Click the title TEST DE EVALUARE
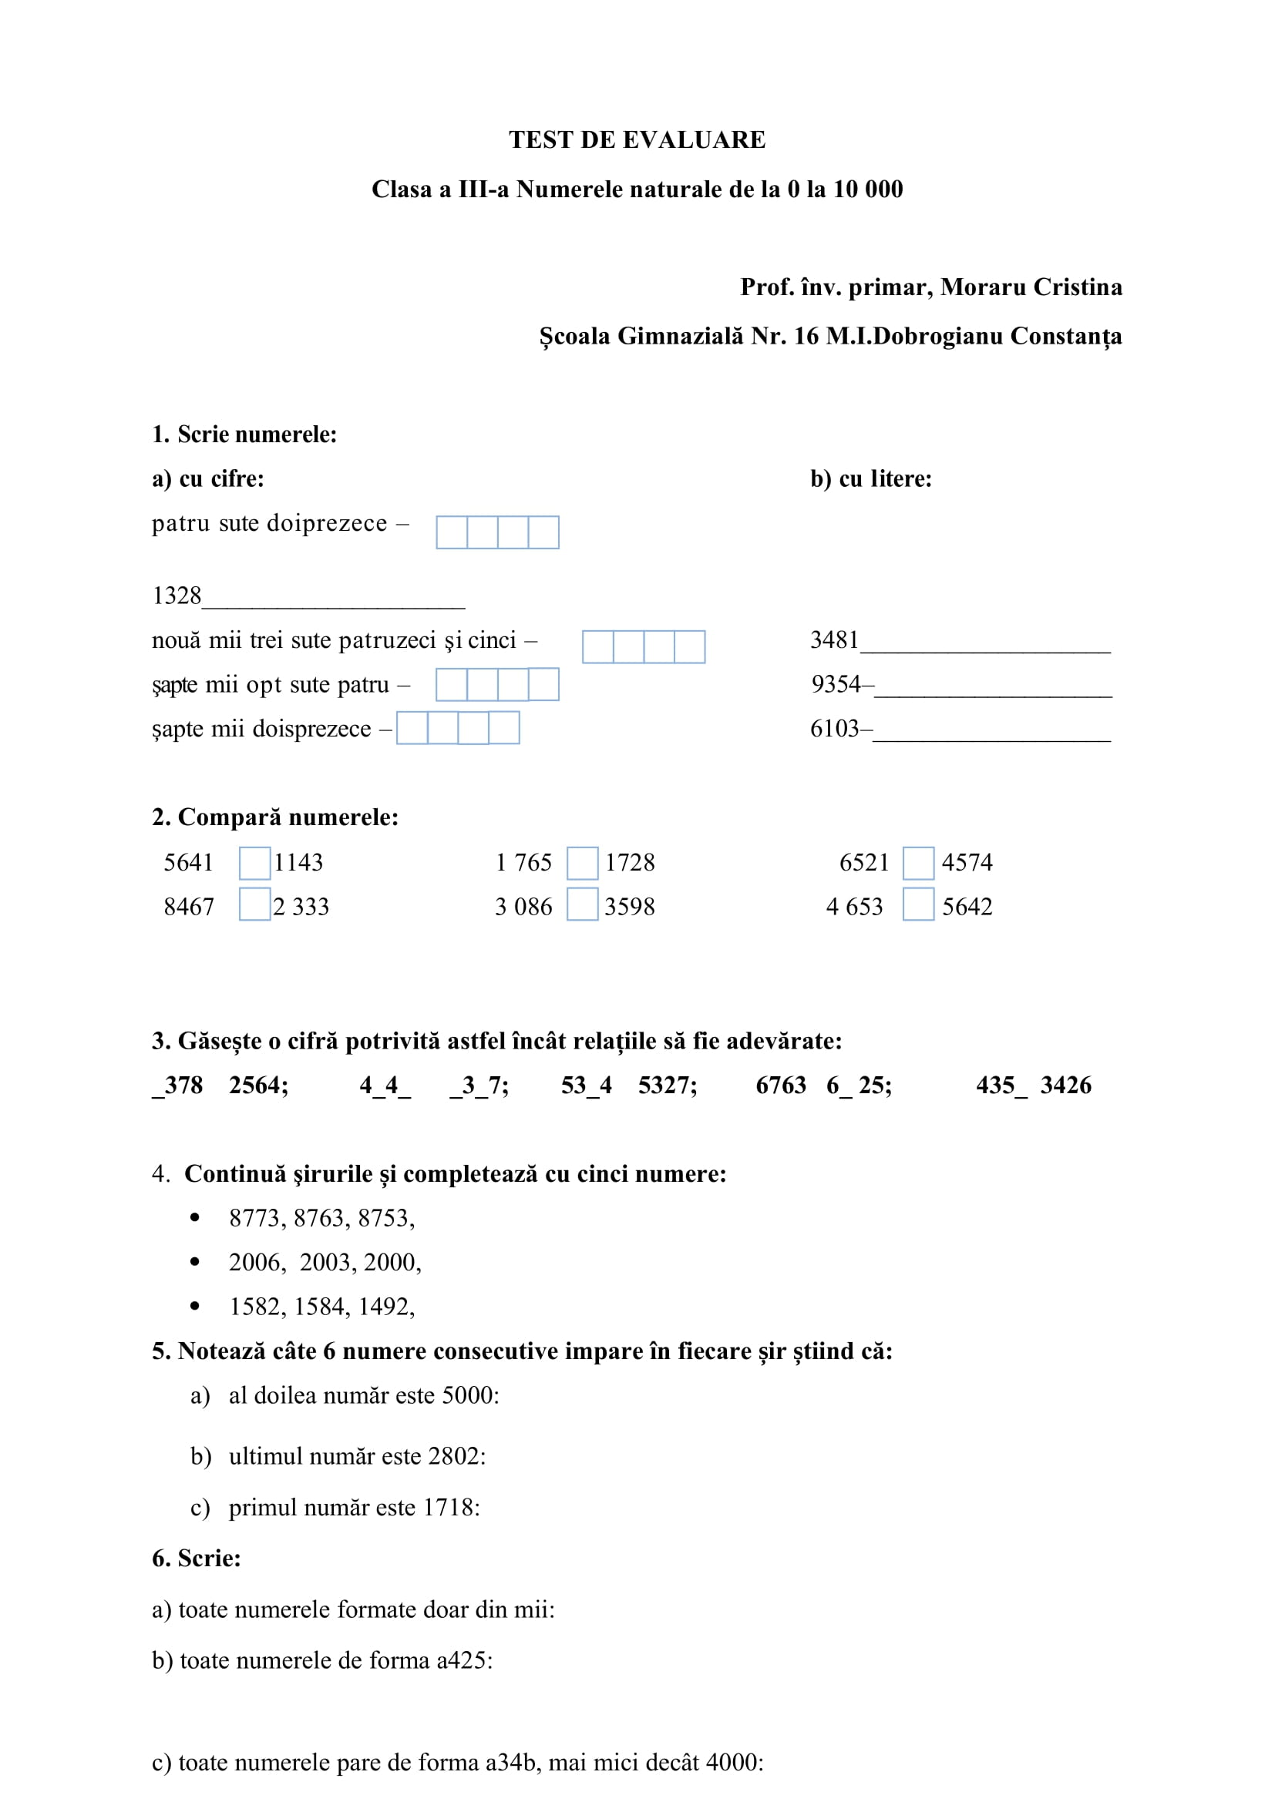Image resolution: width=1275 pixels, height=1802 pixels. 637,139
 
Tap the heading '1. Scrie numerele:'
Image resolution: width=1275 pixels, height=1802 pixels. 244,434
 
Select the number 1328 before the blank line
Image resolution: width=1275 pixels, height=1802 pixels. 177,596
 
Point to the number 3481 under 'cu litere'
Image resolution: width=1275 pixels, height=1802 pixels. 834,639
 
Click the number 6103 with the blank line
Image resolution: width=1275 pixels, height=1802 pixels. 834,728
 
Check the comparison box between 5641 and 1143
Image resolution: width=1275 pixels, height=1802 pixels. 254,863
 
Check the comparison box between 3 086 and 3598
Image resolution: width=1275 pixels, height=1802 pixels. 582,904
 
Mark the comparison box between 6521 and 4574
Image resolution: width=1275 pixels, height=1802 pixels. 918,863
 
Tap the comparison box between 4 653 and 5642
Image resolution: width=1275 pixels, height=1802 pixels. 918,904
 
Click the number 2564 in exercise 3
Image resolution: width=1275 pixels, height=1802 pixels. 257,1086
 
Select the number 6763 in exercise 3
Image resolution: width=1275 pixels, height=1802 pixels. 780,1086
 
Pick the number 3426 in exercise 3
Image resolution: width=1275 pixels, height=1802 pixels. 1065,1086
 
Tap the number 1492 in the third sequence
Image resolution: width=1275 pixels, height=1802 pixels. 385,1306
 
